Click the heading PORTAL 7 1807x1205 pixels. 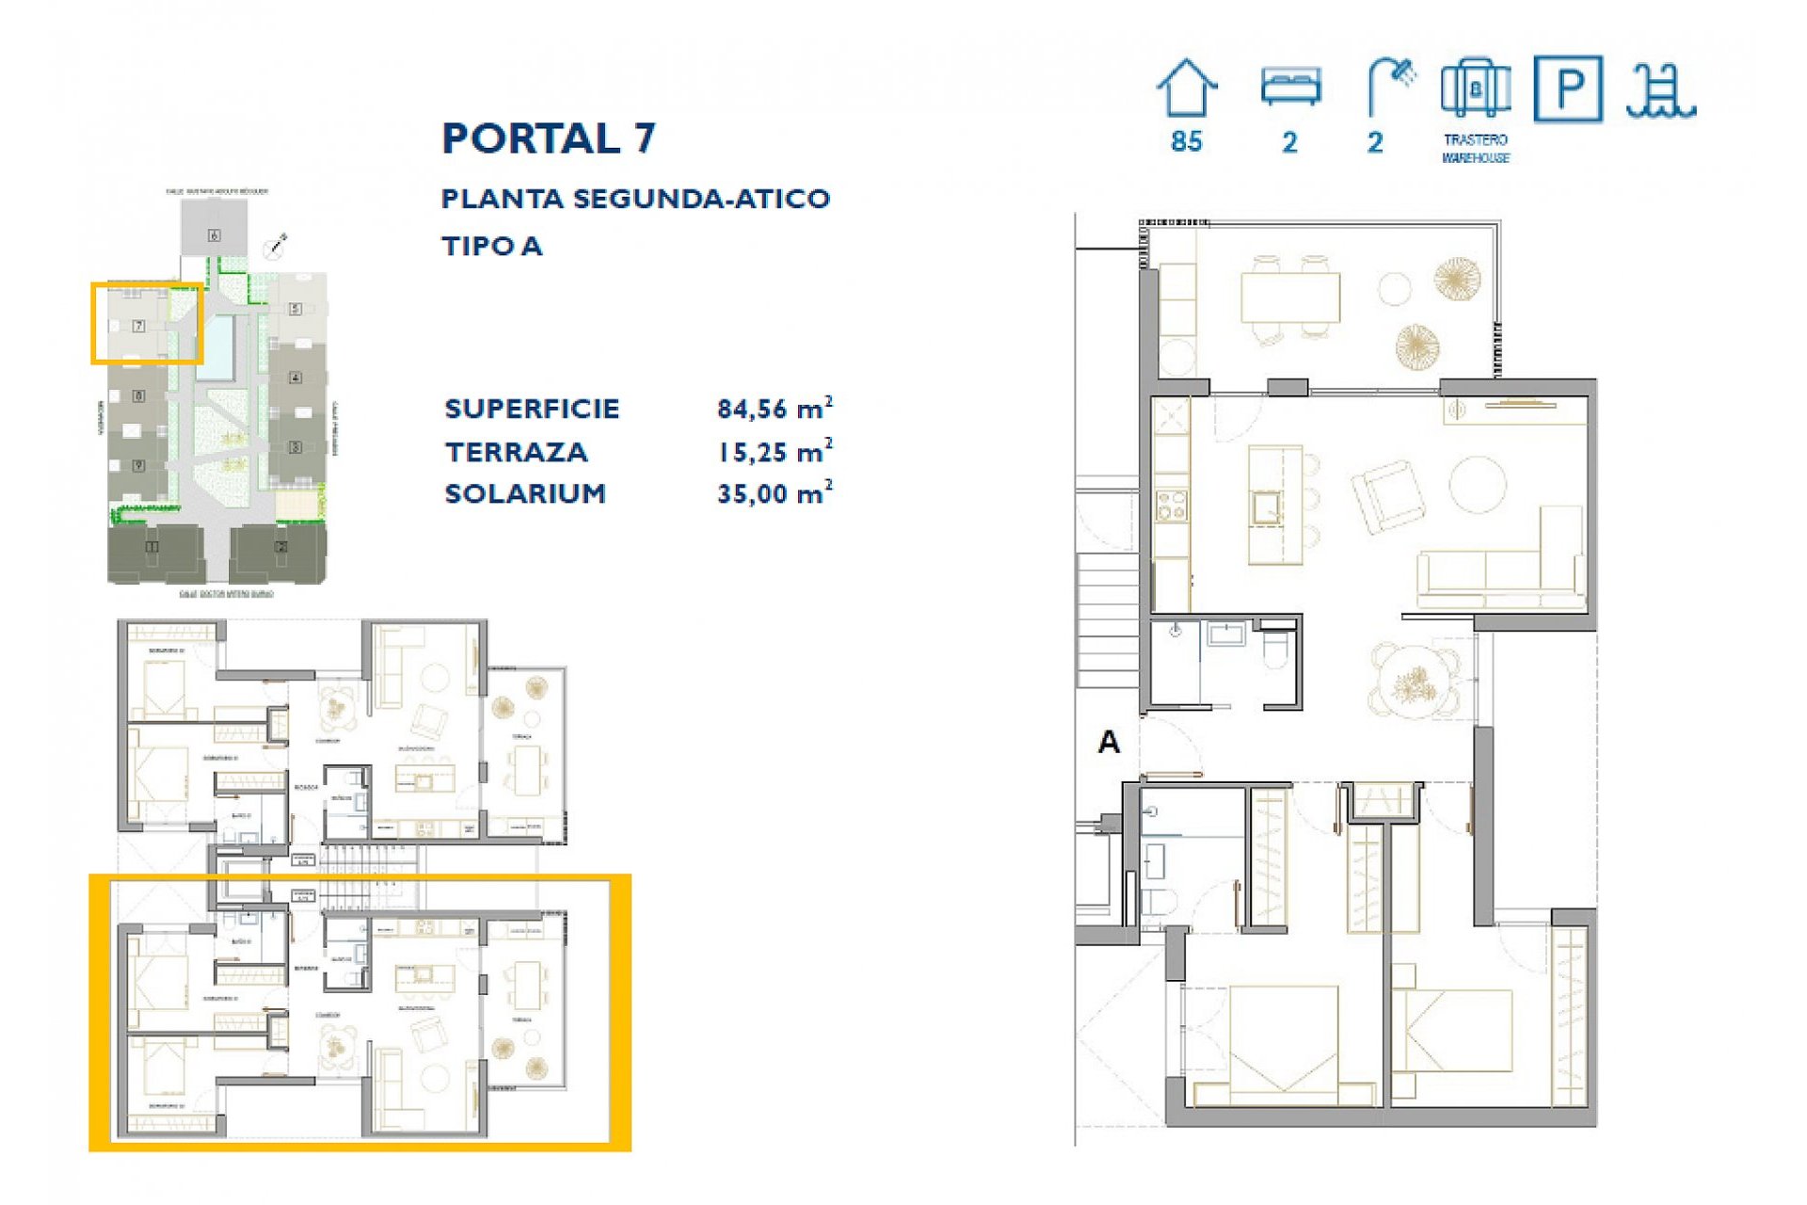pyautogui.click(x=548, y=138)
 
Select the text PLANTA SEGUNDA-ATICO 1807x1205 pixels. pyautogui.click(x=635, y=199)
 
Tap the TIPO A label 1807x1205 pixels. pyautogui.click(x=491, y=247)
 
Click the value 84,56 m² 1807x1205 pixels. pyautogui.click(x=774, y=409)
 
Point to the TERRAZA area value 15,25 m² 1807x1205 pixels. pyautogui.click(x=774, y=452)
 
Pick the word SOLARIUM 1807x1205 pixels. pyautogui.click(x=525, y=493)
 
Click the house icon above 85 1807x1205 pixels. pyautogui.click(x=1187, y=88)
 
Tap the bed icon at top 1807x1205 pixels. pyautogui.click(x=1290, y=88)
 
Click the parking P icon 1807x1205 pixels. pyautogui.click(x=1567, y=88)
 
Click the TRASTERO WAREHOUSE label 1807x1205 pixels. pyautogui.click(x=1475, y=149)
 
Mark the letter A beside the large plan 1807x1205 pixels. pyautogui.click(x=1109, y=743)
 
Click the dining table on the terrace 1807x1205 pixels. pyautogui.click(x=1289, y=297)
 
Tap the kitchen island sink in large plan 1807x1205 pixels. pyautogui.click(x=1267, y=508)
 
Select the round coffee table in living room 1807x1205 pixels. pyautogui.click(x=1478, y=484)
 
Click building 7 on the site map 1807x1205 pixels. pyautogui.click(x=138, y=326)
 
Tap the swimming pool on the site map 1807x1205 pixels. pyautogui.click(x=217, y=346)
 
